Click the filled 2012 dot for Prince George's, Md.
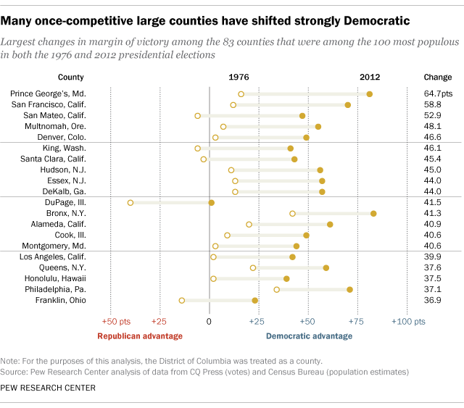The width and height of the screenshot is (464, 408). tap(370, 94)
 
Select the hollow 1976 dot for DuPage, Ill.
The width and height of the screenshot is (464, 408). tap(130, 203)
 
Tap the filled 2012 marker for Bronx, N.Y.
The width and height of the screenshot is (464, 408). tap(373, 214)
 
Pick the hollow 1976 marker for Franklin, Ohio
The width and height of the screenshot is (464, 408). tap(182, 300)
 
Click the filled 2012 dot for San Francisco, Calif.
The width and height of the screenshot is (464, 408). tap(348, 105)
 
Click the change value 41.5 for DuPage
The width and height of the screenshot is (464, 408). tap(433, 203)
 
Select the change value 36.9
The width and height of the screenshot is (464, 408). tap(433, 300)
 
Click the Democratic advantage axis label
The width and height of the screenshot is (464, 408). tap(309, 336)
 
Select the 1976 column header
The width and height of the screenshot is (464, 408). tap(239, 77)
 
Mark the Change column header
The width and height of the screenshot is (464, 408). tap(436, 77)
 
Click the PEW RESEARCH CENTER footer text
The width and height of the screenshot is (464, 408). tap(49, 388)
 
